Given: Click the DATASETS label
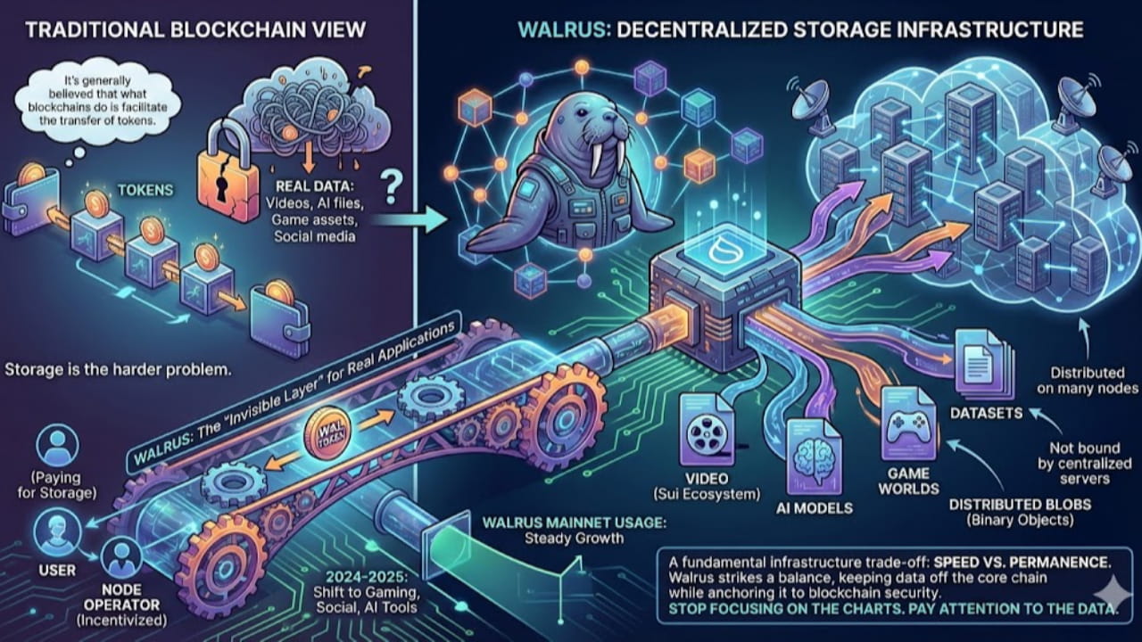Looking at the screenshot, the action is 981,413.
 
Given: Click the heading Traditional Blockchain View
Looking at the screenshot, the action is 195,29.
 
